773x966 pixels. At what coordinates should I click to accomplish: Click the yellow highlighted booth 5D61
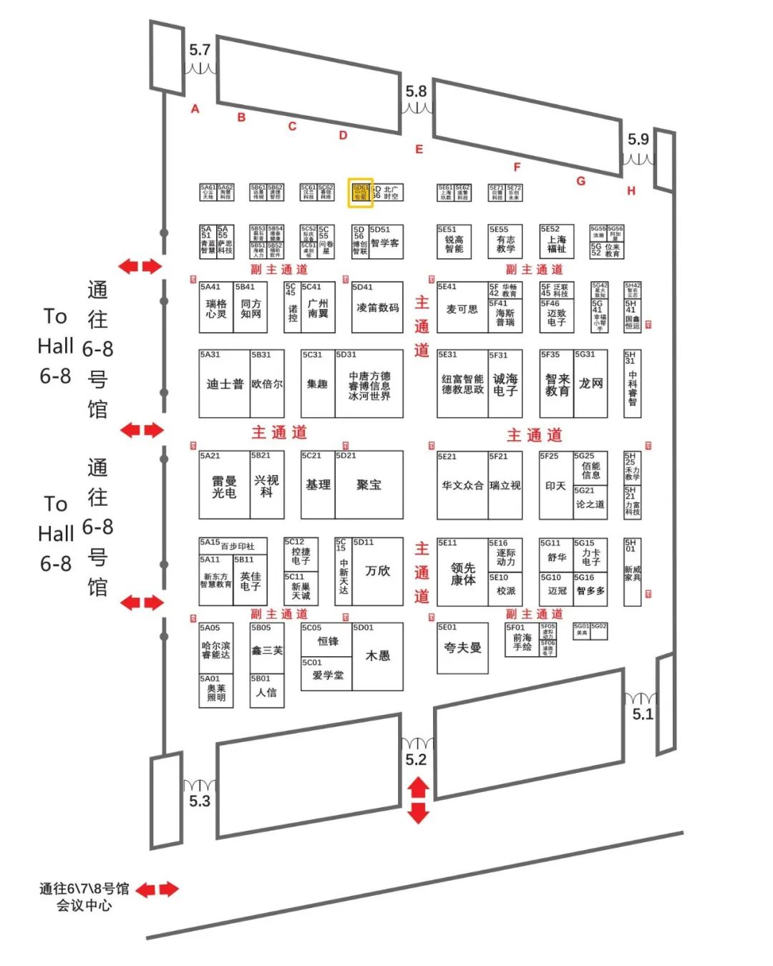point(360,193)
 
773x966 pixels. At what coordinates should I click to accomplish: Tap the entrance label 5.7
point(200,50)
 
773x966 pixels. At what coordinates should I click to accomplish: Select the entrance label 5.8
point(416,92)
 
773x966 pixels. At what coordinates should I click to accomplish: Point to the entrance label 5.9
point(638,140)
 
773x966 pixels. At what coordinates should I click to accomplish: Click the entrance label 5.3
point(200,801)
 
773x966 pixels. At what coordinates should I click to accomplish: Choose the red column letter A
point(195,109)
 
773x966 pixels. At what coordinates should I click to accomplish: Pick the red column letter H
point(631,190)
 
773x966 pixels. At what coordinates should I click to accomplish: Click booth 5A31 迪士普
point(224,384)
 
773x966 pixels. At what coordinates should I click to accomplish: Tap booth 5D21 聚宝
point(369,485)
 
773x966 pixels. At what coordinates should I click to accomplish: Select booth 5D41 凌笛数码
point(377,308)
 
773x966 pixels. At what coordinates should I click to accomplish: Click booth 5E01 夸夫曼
point(462,648)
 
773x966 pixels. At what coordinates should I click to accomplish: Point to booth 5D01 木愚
point(377,655)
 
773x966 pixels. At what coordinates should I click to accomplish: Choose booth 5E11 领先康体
point(462,573)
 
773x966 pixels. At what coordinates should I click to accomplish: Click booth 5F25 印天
point(555,486)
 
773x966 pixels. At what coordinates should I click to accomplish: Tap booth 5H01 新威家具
point(632,572)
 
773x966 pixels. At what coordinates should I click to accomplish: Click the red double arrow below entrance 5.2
point(418,800)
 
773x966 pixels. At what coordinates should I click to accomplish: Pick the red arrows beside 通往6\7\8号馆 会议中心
point(157,889)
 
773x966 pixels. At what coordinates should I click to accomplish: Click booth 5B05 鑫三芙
point(266,650)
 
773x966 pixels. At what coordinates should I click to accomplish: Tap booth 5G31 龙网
point(590,384)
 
